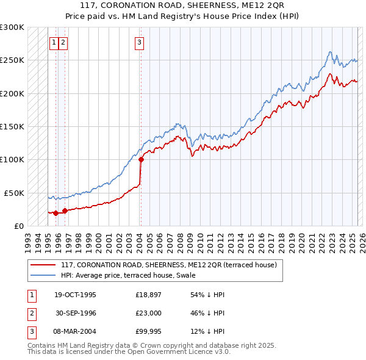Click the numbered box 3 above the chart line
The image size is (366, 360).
(x=140, y=42)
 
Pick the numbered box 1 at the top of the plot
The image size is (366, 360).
(x=54, y=42)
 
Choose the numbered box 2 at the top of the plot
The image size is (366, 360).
(x=63, y=42)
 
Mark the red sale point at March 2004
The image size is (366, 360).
(x=141, y=160)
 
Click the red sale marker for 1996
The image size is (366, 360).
(x=65, y=211)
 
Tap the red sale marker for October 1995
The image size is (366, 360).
(x=56, y=213)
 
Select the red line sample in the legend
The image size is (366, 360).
(x=43, y=265)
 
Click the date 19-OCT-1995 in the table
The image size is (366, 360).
(x=75, y=295)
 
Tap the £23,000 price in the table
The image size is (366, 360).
(x=149, y=313)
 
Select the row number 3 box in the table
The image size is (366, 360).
(x=31, y=331)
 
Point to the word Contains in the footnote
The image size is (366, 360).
(x=42, y=345)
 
